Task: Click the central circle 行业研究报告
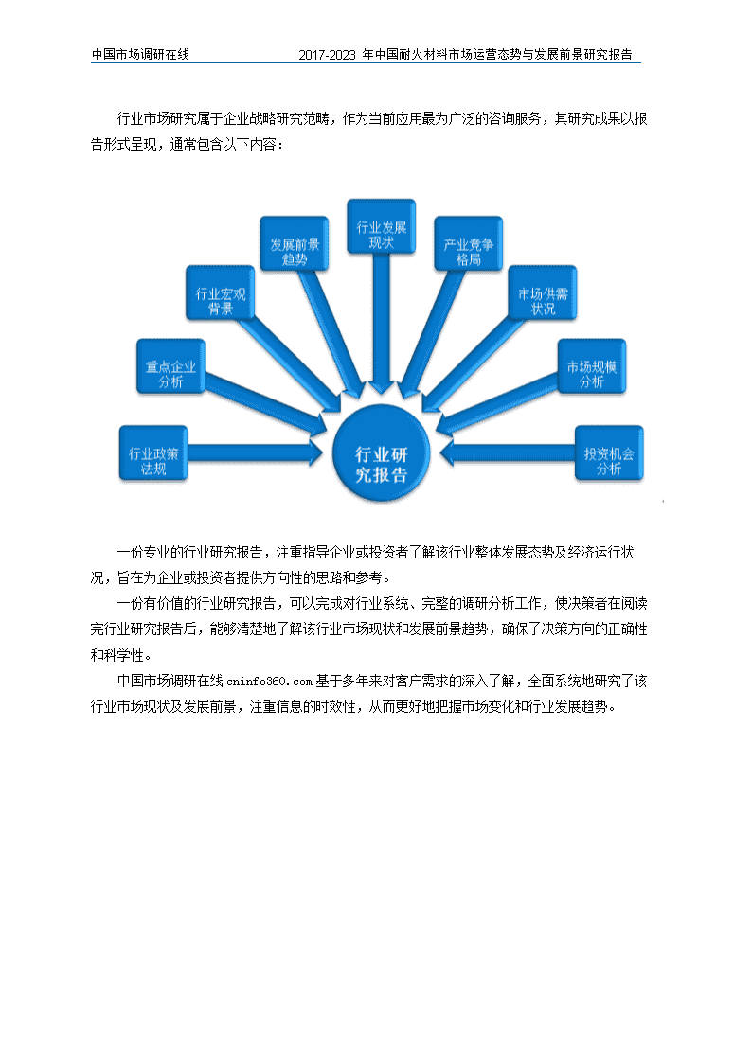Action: click(381, 453)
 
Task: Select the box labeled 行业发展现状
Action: click(381, 227)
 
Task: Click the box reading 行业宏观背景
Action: click(221, 293)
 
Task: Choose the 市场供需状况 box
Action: click(543, 293)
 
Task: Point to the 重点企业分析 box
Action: click(170, 366)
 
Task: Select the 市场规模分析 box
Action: click(592, 366)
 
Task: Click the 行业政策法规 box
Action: click(153, 453)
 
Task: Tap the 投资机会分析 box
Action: click(609, 453)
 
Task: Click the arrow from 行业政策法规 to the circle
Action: click(255, 453)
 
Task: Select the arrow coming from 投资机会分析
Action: click(508, 453)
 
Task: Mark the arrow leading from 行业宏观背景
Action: click(290, 361)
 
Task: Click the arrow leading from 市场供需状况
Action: click(473, 361)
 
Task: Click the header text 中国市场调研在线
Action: click(140, 54)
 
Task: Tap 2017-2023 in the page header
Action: click(327, 55)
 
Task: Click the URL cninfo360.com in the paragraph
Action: click(269, 682)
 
